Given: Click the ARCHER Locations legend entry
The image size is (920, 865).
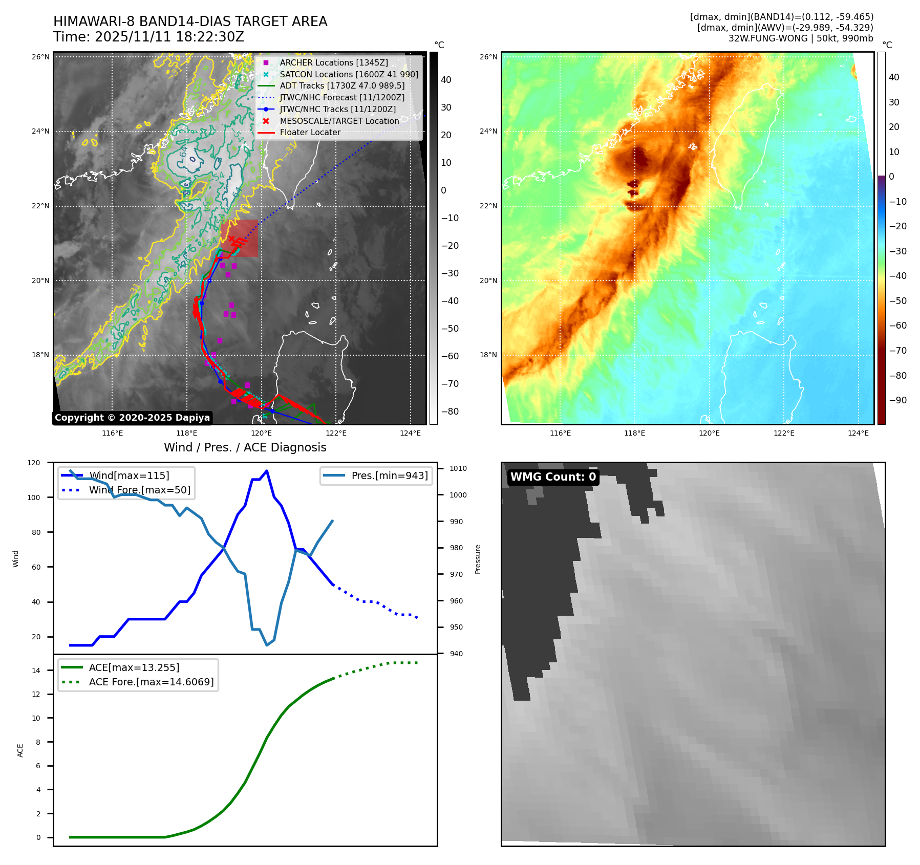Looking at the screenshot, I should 333,62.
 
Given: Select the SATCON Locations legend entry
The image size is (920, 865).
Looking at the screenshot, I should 349,74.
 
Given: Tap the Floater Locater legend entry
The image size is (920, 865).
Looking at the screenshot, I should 310,132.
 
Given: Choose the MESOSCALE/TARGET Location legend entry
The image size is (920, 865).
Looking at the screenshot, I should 339,121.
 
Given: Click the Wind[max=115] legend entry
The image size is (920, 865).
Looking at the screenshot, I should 129,475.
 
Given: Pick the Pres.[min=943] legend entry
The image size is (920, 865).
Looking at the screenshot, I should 389,475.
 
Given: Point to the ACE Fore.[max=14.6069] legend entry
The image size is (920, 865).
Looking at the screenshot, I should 151,682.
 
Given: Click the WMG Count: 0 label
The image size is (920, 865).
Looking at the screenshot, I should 553,477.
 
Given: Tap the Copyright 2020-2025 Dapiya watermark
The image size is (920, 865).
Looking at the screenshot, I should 132,418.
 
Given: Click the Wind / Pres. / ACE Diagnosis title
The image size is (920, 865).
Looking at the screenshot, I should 245,447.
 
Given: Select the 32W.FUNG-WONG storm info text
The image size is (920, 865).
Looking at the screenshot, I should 800,38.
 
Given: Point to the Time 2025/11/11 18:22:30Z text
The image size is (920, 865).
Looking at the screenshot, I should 148,37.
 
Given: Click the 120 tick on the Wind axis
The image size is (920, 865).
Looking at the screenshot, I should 34,463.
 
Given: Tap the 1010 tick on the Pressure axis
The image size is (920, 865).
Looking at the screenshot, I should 458,468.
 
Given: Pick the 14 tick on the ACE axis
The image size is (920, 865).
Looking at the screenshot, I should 36,671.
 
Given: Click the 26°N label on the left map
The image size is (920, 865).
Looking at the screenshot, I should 40,57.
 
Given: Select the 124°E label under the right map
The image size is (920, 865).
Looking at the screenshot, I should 858,433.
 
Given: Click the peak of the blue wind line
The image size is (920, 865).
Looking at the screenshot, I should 267,471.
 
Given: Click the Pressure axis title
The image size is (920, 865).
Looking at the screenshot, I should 478,559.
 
